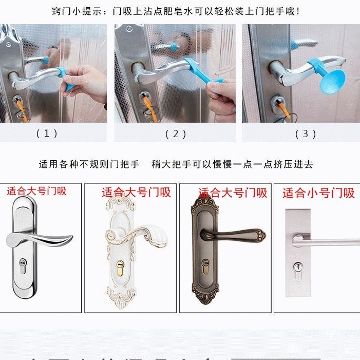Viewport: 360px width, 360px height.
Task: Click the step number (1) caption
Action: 47,134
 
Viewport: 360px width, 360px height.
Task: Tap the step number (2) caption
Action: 175,134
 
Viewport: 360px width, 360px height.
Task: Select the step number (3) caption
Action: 306,134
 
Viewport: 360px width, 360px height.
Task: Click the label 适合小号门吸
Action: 318,193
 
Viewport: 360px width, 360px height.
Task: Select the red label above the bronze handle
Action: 233,193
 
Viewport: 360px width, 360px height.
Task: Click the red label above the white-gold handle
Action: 136,193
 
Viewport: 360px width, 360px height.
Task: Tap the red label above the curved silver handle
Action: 36,192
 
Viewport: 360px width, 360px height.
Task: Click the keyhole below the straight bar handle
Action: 297,267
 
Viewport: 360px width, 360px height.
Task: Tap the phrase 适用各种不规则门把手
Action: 89,164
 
